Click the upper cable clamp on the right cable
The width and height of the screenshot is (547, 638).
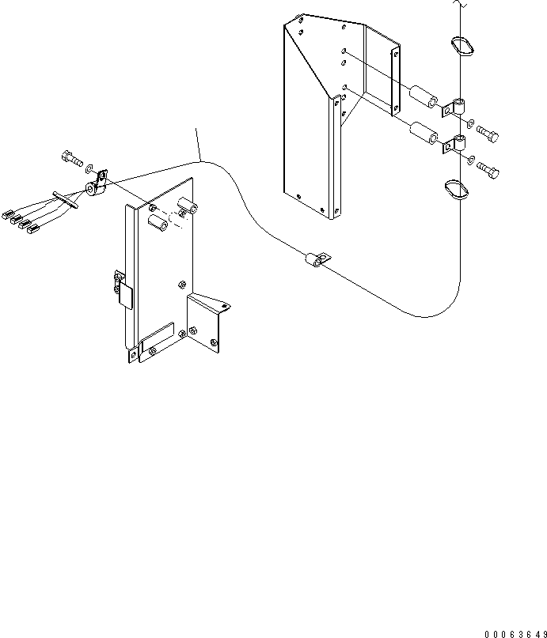click(x=456, y=108)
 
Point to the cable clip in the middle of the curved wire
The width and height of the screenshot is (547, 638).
click(x=315, y=259)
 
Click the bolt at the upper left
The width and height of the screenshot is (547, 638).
click(x=70, y=159)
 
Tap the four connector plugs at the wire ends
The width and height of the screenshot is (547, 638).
click(x=21, y=221)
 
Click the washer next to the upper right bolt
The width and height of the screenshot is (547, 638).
click(x=472, y=125)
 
